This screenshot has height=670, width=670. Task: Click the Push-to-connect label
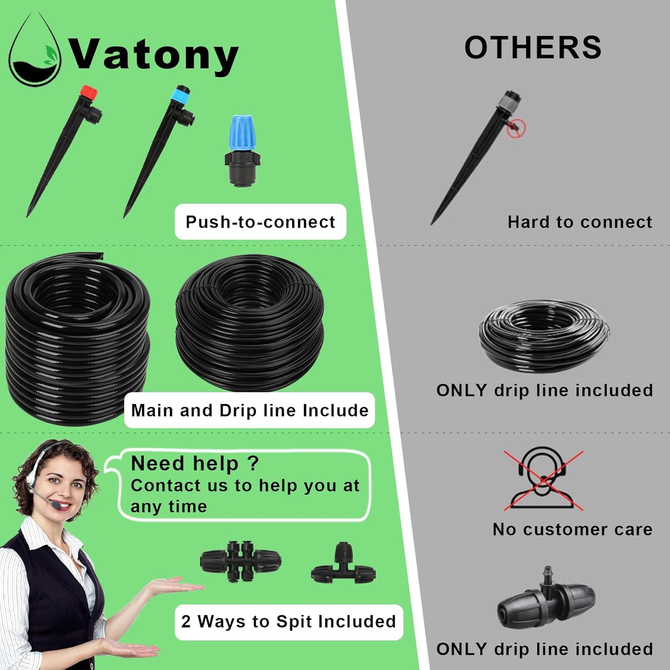pos(261,222)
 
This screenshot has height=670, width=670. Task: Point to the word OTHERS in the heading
pos(533,48)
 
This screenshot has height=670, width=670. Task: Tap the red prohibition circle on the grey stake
pos(516,128)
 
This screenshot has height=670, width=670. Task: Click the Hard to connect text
pos(580,222)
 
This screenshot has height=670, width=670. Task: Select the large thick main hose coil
pos(77,339)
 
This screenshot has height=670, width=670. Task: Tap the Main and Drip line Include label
pos(249,410)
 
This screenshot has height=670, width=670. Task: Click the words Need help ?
pos(195,464)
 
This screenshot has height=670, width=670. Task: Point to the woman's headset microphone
pos(55,503)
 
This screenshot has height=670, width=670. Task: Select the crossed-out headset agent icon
pos(543,480)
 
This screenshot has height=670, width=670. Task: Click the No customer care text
pos(572,530)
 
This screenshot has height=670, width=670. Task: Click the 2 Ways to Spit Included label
pos(288,622)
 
